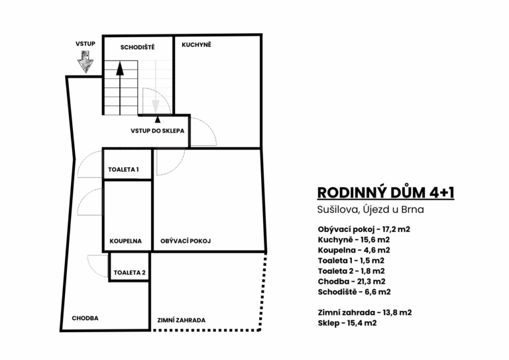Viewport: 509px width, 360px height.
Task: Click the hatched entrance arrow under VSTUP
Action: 85,62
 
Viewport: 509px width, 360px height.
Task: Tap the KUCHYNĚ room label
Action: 196,44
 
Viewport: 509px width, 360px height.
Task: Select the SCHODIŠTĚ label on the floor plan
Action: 137,47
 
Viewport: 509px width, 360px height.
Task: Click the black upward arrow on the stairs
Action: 120,88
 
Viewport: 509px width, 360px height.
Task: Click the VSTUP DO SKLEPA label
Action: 158,131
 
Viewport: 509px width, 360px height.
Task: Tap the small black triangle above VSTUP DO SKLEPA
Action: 158,119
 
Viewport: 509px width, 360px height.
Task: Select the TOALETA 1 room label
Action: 123,170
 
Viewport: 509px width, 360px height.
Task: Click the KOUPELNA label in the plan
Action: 126,241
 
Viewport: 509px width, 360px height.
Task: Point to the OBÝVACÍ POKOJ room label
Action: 186,241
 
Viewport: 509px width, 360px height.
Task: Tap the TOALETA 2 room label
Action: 129,272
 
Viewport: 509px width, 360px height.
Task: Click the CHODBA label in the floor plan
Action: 85,318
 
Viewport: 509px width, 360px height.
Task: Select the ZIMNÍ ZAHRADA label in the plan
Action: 182,320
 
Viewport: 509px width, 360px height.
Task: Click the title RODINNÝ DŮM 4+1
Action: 386,192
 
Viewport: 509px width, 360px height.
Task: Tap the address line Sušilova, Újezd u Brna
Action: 370,210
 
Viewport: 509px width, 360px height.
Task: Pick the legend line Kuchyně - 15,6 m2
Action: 354,240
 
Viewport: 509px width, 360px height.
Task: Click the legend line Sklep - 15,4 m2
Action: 347,323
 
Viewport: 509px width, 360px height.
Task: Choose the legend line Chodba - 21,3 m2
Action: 351,282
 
